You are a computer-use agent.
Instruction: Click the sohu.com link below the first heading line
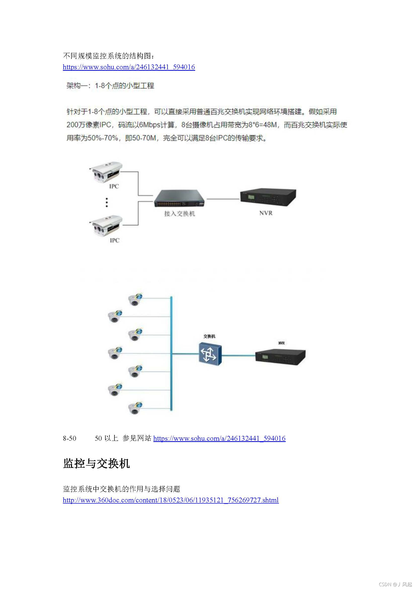129,67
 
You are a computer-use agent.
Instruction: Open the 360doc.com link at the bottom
171,500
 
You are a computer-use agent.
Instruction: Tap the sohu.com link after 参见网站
219,438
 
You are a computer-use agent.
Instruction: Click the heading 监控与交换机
96,464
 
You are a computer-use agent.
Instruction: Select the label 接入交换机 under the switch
180,214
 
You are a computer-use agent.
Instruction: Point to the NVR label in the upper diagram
266,213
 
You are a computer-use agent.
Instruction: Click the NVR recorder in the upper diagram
268,197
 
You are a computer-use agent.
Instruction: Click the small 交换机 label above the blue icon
209,336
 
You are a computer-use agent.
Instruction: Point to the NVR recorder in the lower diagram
280,357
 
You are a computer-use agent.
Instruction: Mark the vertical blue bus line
171,354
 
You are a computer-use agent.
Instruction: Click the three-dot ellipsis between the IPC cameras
107,202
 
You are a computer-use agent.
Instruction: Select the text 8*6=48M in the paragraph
263,125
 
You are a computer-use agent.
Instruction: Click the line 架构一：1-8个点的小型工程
110,86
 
